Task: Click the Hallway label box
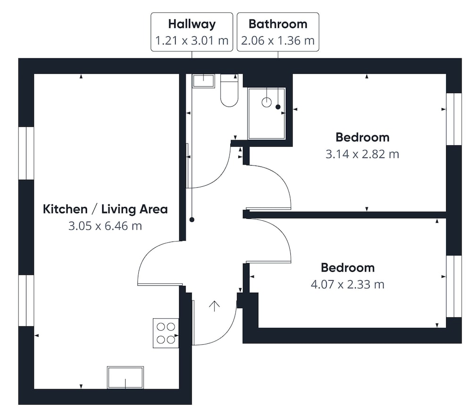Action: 192,32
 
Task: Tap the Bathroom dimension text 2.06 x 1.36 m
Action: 278,40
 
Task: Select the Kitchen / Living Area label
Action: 105,209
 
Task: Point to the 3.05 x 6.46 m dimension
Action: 105,225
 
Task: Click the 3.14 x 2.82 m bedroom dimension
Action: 362,154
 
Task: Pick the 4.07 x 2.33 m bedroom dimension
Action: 348,284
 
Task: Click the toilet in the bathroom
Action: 229,90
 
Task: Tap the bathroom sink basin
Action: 203,81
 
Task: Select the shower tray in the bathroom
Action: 267,113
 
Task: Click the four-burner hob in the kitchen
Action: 166,333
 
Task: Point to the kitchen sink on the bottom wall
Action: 125,377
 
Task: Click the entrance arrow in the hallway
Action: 214,306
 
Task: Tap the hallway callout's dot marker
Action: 192,220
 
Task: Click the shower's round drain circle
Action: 267,102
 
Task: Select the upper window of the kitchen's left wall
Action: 26,153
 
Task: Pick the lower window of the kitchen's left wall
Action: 26,300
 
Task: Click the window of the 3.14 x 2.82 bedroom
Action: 454,119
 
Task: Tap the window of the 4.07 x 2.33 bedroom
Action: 454,286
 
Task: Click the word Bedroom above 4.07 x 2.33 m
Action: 348,267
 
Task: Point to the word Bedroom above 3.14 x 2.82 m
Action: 362,137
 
